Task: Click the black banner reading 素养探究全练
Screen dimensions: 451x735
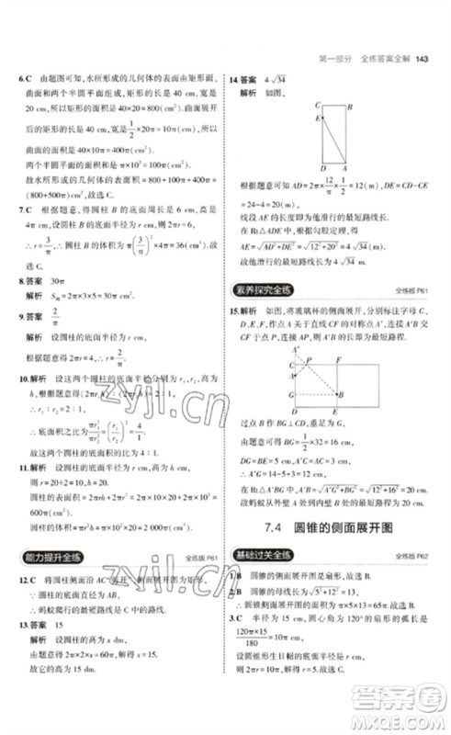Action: (x=269, y=289)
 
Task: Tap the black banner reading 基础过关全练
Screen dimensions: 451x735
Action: (x=269, y=554)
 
